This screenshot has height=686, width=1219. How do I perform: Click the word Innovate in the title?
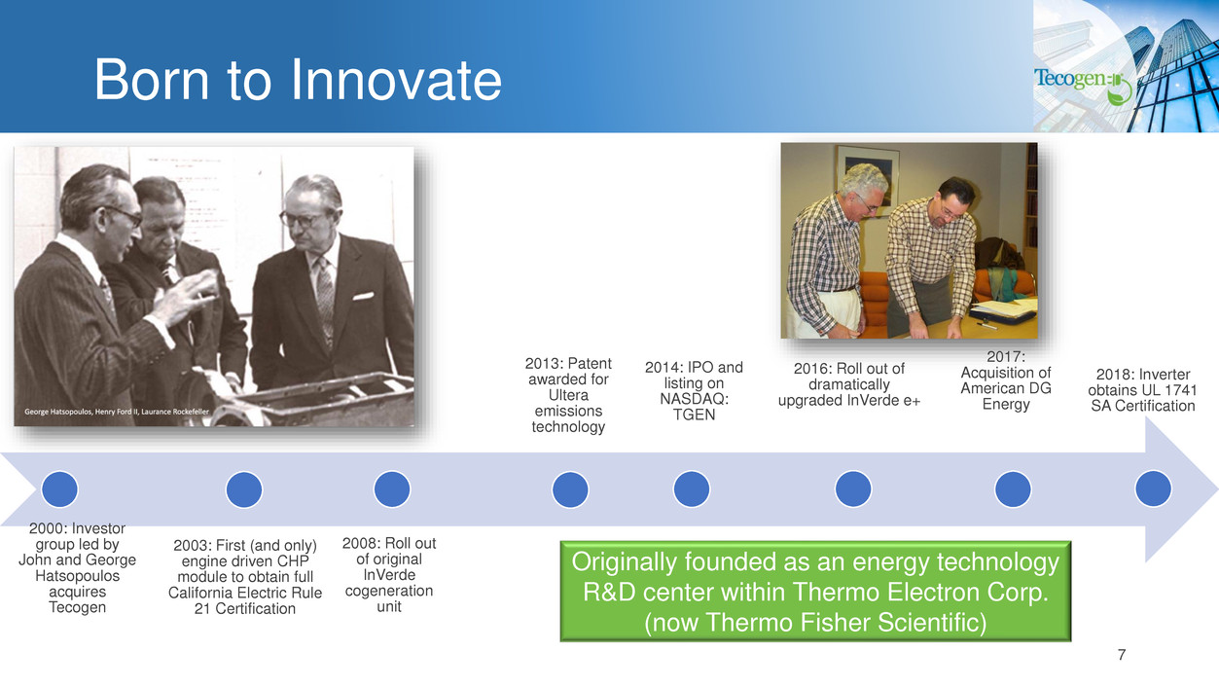(x=396, y=80)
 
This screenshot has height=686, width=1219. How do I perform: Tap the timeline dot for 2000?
(x=60, y=488)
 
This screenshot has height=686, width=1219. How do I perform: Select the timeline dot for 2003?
(x=244, y=489)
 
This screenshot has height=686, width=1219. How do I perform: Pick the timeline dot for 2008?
(x=392, y=489)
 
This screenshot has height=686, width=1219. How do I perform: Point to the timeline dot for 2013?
(x=570, y=489)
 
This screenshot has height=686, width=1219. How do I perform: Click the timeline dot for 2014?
(x=692, y=489)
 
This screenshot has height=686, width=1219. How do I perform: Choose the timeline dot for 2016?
(x=853, y=489)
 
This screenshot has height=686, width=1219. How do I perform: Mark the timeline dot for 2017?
(x=1013, y=489)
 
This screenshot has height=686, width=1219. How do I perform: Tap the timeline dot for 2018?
(x=1153, y=488)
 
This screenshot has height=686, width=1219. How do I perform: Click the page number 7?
(x=1122, y=655)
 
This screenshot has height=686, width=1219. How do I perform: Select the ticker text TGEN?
(x=694, y=415)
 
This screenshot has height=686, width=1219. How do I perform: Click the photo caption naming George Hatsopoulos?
(x=117, y=412)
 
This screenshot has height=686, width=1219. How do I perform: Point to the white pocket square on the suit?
(x=363, y=296)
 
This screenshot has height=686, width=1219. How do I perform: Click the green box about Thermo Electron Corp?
(x=815, y=592)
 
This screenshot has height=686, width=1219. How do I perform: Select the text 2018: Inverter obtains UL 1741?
(x=1143, y=382)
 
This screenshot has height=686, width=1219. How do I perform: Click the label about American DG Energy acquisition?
(x=1006, y=380)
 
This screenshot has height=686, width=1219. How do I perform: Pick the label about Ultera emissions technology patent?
(x=568, y=395)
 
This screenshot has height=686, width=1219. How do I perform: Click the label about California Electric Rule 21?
(x=245, y=577)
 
